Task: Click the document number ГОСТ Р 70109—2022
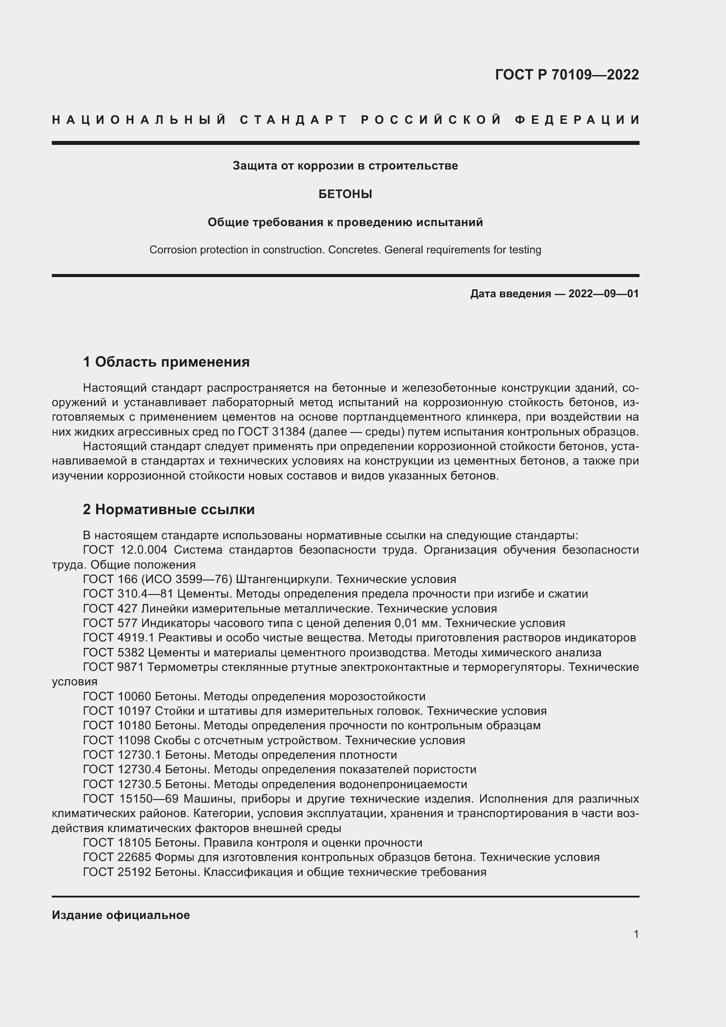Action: [x=567, y=75]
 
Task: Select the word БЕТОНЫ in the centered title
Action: [x=345, y=194]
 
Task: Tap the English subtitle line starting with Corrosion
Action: [x=345, y=249]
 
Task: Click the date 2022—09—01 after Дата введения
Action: [x=604, y=294]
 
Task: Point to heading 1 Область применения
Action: [x=166, y=361]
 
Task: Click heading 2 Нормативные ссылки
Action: [x=169, y=509]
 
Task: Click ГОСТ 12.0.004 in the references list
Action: [x=125, y=550]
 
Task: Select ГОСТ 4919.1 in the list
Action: [x=119, y=638]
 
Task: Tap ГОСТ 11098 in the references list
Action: [x=117, y=740]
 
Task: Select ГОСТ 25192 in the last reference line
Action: [x=117, y=872]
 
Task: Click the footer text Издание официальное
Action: [x=121, y=915]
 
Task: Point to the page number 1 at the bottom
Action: [x=636, y=934]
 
